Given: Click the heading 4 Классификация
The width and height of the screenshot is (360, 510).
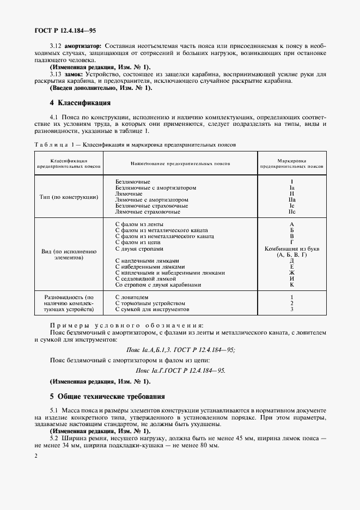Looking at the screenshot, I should (80, 102).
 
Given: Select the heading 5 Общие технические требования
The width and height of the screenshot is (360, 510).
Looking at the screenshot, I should (107, 396).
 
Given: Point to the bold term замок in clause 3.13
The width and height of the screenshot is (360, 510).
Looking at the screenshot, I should (74, 74).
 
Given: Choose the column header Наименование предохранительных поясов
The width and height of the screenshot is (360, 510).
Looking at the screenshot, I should (180, 163).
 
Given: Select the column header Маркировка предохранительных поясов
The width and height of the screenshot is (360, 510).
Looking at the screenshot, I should (291, 163).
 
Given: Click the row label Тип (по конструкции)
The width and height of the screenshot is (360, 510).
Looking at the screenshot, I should (69, 197).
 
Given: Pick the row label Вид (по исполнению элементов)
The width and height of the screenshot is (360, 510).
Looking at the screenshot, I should (69, 255).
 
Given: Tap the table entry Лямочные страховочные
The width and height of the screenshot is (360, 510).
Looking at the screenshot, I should (144, 212).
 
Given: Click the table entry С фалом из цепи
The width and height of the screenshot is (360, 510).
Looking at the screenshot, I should (137, 242).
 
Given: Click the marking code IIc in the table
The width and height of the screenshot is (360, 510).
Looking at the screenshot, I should (292, 212).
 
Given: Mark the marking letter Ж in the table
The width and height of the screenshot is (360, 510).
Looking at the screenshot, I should (292, 272).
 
